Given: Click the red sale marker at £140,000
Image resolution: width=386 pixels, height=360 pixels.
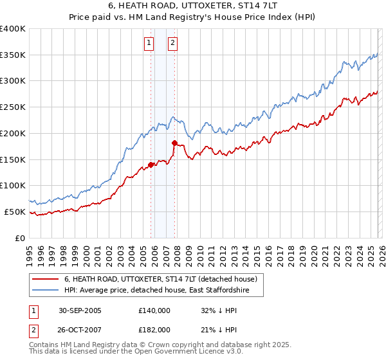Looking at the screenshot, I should pyautogui.click(x=151, y=165).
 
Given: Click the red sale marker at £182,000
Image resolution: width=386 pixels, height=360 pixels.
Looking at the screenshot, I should pyautogui.click(x=174, y=143).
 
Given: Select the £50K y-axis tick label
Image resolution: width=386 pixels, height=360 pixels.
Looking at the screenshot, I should pyautogui.click(x=15, y=212).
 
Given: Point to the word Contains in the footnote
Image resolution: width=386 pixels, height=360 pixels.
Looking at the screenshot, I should pyautogui.click(x=44, y=345).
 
